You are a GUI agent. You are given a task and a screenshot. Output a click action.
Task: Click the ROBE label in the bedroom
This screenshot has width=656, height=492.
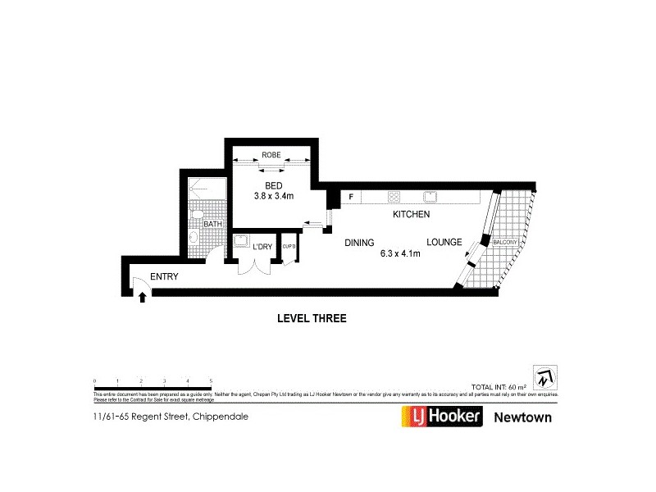pyautogui.click(x=271, y=155)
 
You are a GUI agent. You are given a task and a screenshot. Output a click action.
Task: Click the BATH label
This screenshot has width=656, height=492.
pyautogui.click(x=212, y=224)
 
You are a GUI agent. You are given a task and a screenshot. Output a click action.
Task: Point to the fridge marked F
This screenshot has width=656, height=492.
pyautogui.click(x=351, y=197)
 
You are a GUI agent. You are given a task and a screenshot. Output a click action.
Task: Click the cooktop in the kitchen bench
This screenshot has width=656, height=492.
pyautogui.click(x=394, y=197)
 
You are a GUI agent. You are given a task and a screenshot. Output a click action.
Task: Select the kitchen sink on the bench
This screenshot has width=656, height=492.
pyautogui.click(x=429, y=197)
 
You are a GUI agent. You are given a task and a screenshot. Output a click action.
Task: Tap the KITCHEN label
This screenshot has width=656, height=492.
pyautogui.click(x=412, y=214)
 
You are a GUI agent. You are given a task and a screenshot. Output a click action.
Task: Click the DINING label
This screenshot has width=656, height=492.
pyautogui.click(x=359, y=243)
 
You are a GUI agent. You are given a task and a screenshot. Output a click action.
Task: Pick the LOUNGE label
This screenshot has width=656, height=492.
pyautogui.click(x=444, y=243)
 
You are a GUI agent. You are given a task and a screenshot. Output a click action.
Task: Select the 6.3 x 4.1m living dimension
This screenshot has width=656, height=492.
pyautogui.click(x=400, y=254)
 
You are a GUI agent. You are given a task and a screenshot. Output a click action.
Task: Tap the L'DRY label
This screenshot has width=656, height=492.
pyautogui.click(x=262, y=246)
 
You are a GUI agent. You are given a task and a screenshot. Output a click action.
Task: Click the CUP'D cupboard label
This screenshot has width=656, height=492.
pyautogui.click(x=289, y=246)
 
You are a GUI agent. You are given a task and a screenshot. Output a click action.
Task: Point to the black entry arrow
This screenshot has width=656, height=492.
pyautogui.click(x=143, y=296)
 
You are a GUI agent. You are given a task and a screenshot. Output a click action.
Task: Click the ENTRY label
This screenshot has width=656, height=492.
pyautogui.click(x=164, y=277)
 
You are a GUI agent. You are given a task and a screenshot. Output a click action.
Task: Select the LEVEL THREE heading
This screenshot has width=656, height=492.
pyautogui.click(x=312, y=319)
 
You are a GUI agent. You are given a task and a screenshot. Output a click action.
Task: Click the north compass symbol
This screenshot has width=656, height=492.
pyautogui.click(x=544, y=378)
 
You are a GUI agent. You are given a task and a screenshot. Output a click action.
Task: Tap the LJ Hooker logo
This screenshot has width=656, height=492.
pyautogui.click(x=440, y=417)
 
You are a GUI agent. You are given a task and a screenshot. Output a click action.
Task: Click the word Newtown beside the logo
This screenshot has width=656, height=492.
pyautogui.click(x=522, y=417)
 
